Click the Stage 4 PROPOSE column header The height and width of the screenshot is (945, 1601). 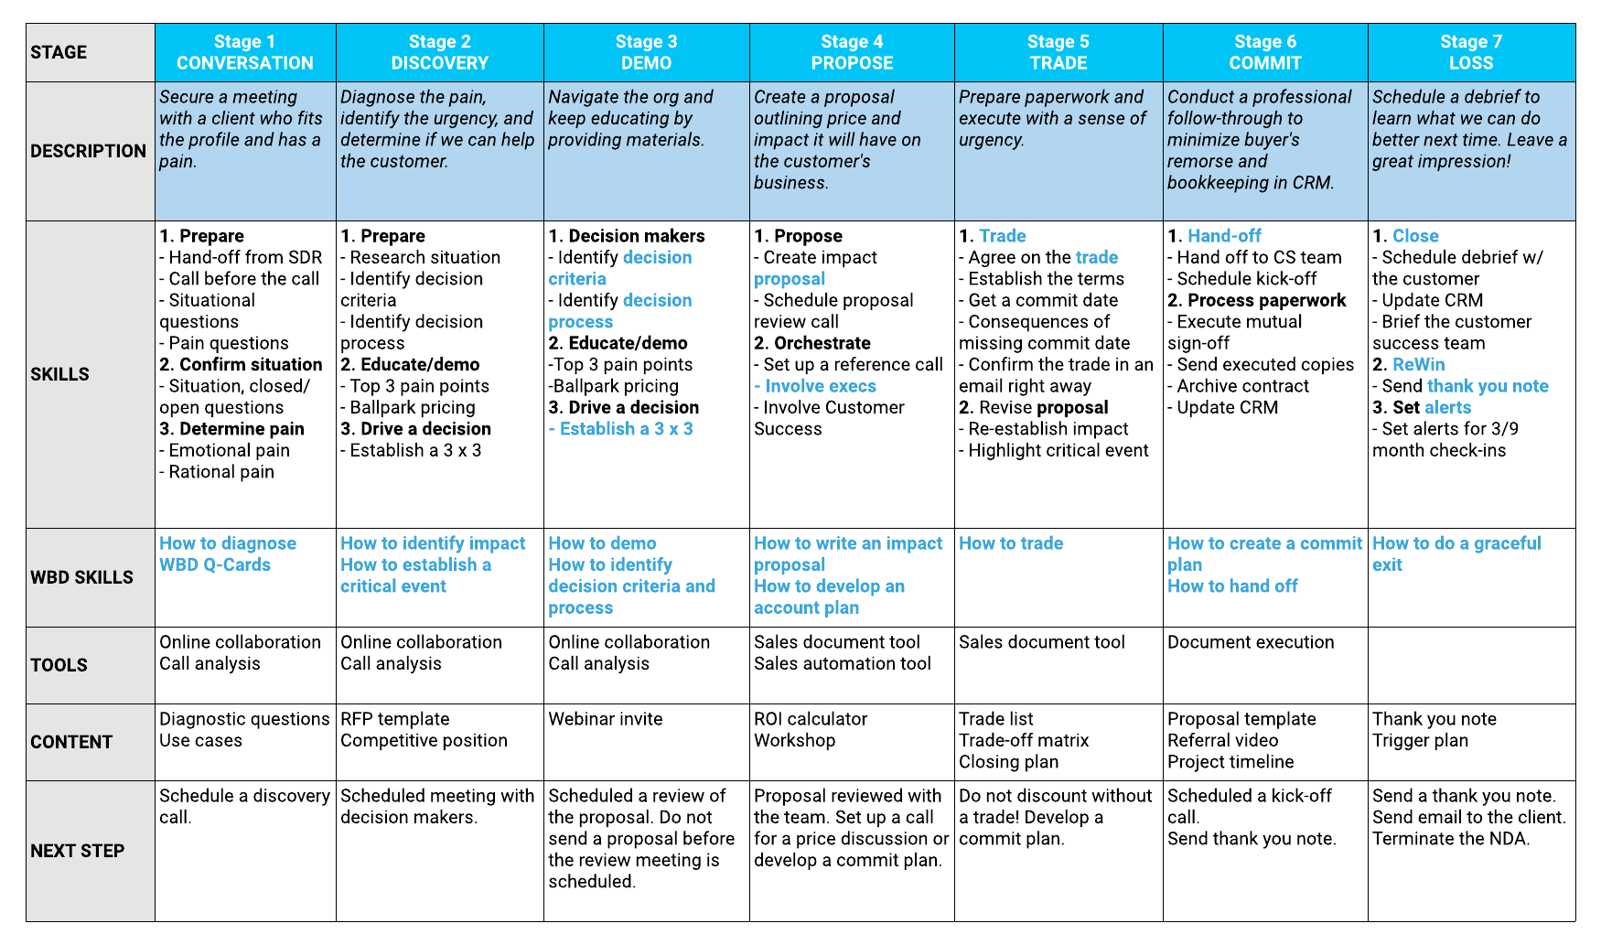tap(852, 52)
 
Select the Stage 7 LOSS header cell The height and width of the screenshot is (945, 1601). tap(1471, 52)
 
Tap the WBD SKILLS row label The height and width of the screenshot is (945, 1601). tap(81, 577)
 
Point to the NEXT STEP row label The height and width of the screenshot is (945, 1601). tap(77, 851)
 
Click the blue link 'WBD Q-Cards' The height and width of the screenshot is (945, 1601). tap(215, 564)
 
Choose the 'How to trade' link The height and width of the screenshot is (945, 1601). tap(1011, 543)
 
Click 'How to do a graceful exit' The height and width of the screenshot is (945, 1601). tap(1456, 553)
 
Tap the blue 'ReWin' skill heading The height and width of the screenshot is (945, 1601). tap(1418, 364)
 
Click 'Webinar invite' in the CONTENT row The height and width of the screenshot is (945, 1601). tap(605, 719)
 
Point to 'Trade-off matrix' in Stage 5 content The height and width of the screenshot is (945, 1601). tap(1024, 740)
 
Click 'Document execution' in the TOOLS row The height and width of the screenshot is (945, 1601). tap(1251, 642)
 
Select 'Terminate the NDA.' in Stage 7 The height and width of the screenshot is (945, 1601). tap(1451, 839)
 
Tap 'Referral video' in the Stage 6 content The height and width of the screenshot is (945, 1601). tap(1222, 740)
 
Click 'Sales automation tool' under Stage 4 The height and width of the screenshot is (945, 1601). tap(843, 663)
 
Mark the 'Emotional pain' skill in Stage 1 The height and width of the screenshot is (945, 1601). tap(229, 450)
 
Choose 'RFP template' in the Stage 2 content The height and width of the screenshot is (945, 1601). tap(395, 719)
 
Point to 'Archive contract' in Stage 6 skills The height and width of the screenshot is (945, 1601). tap(1242, 386)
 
